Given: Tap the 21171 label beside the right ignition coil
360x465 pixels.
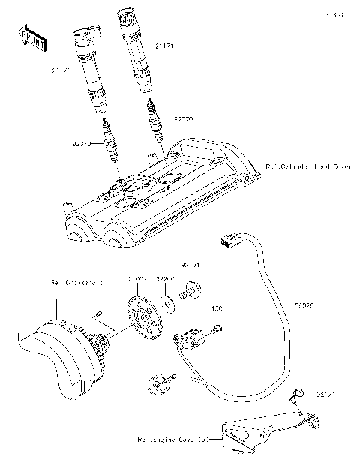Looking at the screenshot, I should click(x=166, y=46).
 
